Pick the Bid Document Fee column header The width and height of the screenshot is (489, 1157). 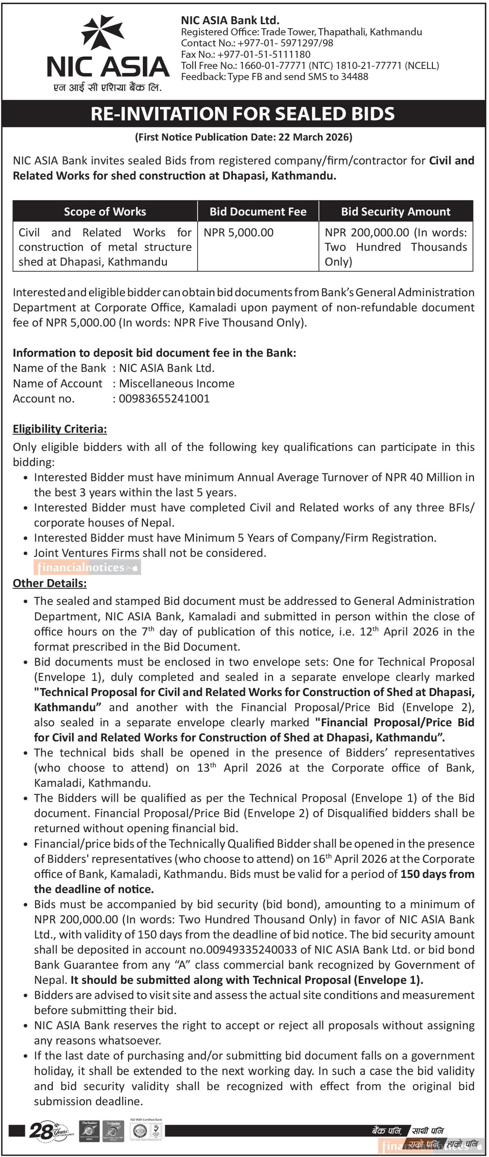coord(258,211)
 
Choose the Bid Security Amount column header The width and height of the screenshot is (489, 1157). coord(395,211)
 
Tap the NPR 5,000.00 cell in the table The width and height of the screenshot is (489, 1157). coord(238,233)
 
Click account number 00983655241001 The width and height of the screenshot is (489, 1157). coord(164,399)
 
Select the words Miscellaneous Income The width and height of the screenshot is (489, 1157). coord(176,384)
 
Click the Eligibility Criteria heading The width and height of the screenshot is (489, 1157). coord(60,429)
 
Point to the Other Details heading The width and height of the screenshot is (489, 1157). coord(49,583)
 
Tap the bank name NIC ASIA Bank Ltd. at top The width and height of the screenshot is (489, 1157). coord(230,20)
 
